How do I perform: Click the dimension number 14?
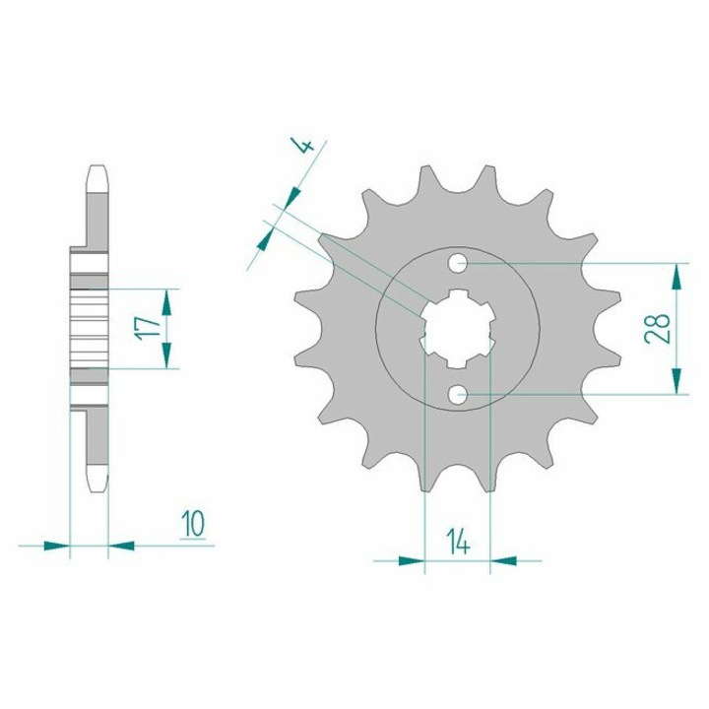click(458, 542)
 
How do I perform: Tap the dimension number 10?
click(193, 524)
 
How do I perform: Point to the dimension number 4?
click(305, 146)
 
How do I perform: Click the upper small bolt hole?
click(458, 263)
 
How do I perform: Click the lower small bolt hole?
click(458, 394)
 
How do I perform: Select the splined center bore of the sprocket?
click(458, 329)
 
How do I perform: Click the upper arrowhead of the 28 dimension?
click(677, 277)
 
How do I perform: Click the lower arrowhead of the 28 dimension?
click(677, 381)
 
